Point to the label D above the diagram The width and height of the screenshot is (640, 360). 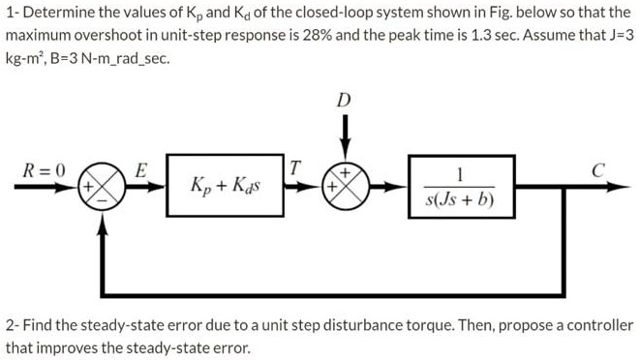point(345,100)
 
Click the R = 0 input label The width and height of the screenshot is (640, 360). point(44,169)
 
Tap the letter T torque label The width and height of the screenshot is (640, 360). point(298,168)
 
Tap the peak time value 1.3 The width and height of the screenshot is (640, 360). point(537,36)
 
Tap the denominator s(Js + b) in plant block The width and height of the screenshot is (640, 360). point(460,201)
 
